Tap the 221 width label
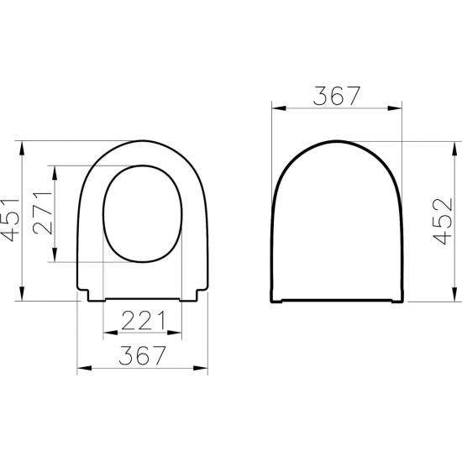(141, 321)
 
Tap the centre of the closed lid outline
(338, 223)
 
